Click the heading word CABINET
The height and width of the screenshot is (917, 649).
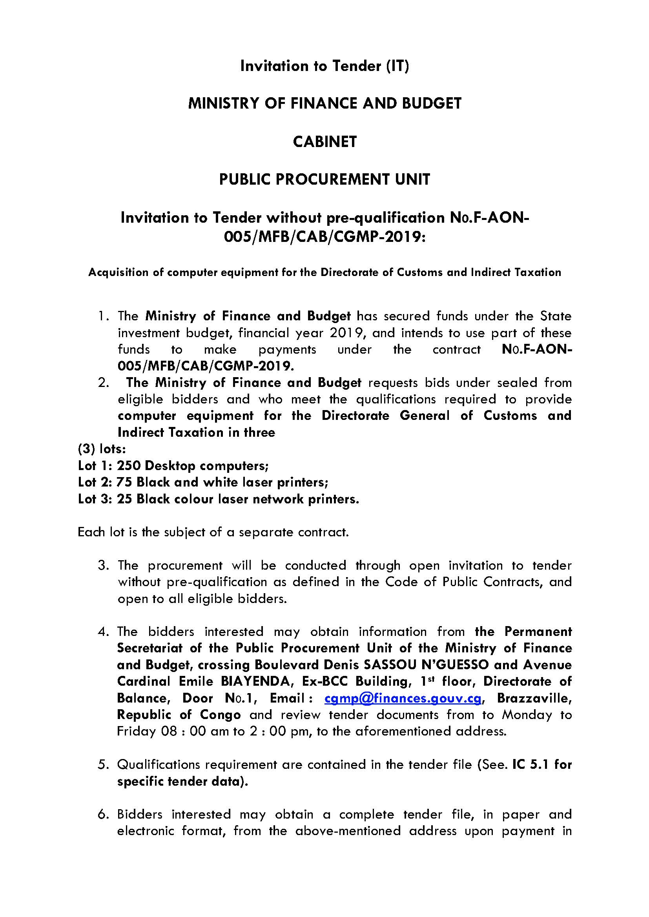pos(324,142)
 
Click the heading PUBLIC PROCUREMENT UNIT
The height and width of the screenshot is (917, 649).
pos(324,179)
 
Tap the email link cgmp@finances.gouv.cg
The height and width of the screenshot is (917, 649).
pos(405,698)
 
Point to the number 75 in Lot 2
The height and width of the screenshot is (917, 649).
pos(124,482)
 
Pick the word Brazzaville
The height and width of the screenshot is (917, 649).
pos(534,698)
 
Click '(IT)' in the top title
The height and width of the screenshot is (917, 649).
pos(397,66)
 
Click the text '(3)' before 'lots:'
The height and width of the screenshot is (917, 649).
pos(86,449)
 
